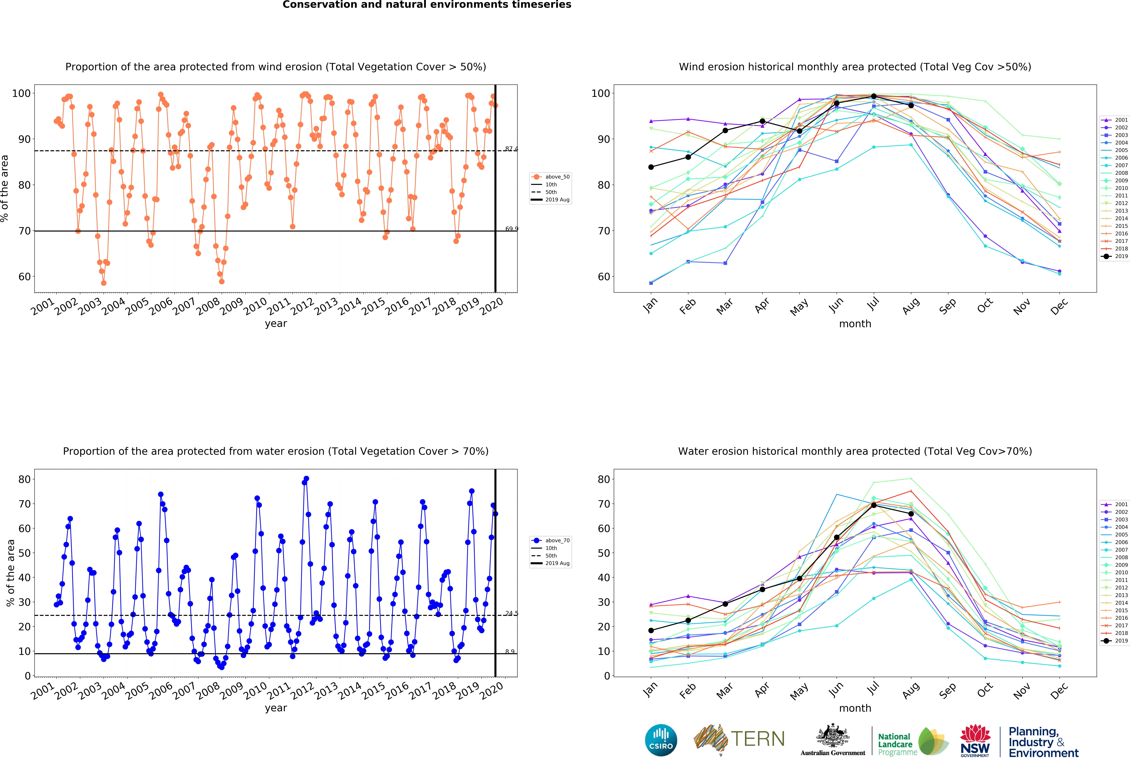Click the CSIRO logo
click(x=661, y=740)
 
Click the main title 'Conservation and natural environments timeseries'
click(x=427, y=5)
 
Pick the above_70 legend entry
click(x=551, y=541)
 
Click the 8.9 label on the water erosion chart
click(x=510, y=652)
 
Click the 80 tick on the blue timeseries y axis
click(x=24, y=479)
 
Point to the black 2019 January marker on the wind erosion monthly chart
click(x=651, y=167)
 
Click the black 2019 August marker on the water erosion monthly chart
click(x=911, y=514)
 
